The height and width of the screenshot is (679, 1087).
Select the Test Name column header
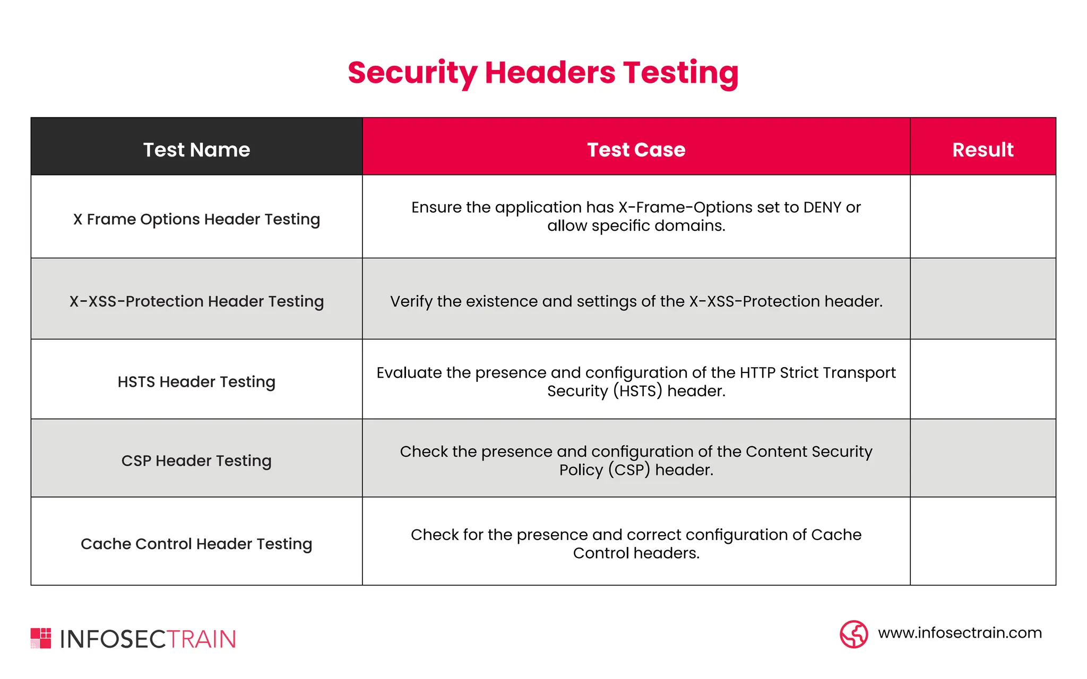(x=196, y=150)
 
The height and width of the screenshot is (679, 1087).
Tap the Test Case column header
(x=636, y=150)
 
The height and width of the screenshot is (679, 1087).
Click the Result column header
(x=982, y=150)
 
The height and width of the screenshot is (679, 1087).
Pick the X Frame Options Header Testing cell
(x=196, y=219)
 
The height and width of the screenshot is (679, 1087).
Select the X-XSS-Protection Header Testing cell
(x=196, y=301)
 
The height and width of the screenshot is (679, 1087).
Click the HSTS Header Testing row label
(x=196, y=382)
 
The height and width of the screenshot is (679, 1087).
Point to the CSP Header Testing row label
(x=196, y=460)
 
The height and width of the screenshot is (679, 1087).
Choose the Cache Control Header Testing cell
(x=196, y=544)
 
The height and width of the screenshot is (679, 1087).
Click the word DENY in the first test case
(x=822, y=207)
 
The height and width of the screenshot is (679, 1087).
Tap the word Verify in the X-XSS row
(x=411, y=301)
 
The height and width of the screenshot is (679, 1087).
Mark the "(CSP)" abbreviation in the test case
(x=629, y=470)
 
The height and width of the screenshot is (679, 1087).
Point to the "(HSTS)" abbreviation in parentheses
(x=637, y=391)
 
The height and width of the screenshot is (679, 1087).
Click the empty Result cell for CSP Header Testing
(x=982, y=458)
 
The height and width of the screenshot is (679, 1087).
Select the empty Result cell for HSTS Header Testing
(x=982, y=379)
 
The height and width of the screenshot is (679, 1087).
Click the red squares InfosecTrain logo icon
(x=41, y=638)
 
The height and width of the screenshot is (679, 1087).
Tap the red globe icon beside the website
(x=853, y=634)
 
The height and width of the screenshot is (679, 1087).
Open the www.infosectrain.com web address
(x=960, y=633)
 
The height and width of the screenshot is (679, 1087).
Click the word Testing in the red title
(x=680, y=73)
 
